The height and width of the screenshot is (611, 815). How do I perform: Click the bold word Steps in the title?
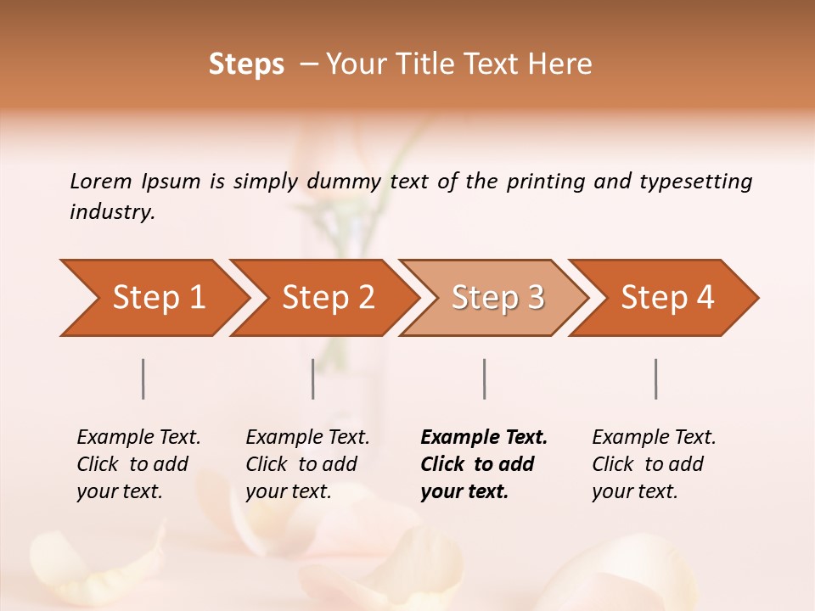click(x=246, y=64)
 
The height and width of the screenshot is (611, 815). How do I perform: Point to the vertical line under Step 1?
click(x=143, y=378)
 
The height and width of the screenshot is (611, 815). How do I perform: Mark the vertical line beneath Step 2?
click(x=313, y=378)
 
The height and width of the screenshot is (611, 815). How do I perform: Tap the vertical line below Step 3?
click(x=484, y=378)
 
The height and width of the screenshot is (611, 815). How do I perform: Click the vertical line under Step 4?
click(x=656, y=378)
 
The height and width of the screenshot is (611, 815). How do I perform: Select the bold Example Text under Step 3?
click(x=484, y=464)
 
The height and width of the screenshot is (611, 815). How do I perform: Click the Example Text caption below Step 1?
click(x=138, y=464)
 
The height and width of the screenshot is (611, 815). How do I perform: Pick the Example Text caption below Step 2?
click(x=307, y=464)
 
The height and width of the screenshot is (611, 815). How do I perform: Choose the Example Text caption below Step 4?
click(x=654, y=464)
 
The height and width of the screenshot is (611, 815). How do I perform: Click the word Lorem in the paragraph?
click(x=100, y=182)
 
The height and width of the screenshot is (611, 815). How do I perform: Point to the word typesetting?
click(x=695, y=182)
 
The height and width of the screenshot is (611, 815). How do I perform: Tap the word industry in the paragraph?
click(x=111, y=212)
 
